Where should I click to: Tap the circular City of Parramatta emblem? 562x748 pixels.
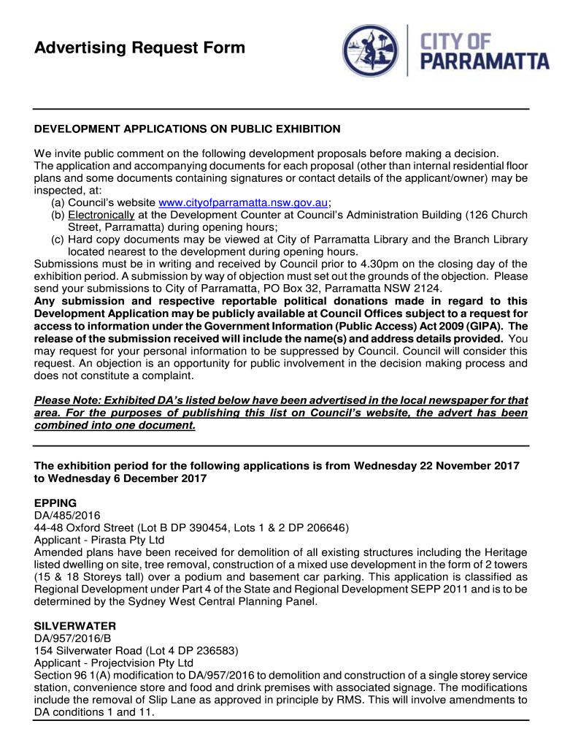[372, 50]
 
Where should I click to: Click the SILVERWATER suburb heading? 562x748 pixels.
[75, 627]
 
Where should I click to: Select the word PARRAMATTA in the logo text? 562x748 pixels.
[487, 61]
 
